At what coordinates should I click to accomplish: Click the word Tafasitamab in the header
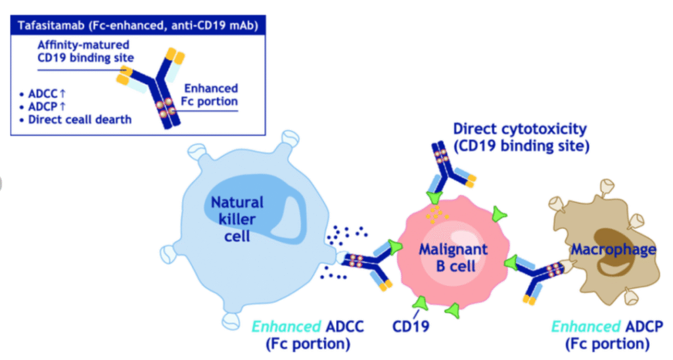pos(51,26)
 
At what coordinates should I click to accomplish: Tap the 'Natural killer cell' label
pos(237,219)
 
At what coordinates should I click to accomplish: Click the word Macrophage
pos(613,249)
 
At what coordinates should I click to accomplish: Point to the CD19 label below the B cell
pos(411,326)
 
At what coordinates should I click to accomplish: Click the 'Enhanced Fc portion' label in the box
pos(210,95)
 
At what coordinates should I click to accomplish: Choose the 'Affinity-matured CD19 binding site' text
pos(85,51)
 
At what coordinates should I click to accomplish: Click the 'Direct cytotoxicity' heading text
pos(520,129)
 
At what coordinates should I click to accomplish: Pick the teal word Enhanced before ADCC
pos(287,326)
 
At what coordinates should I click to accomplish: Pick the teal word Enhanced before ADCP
pos(586,326)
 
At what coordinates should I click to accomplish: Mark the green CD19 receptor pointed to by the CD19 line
pos(421,303)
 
